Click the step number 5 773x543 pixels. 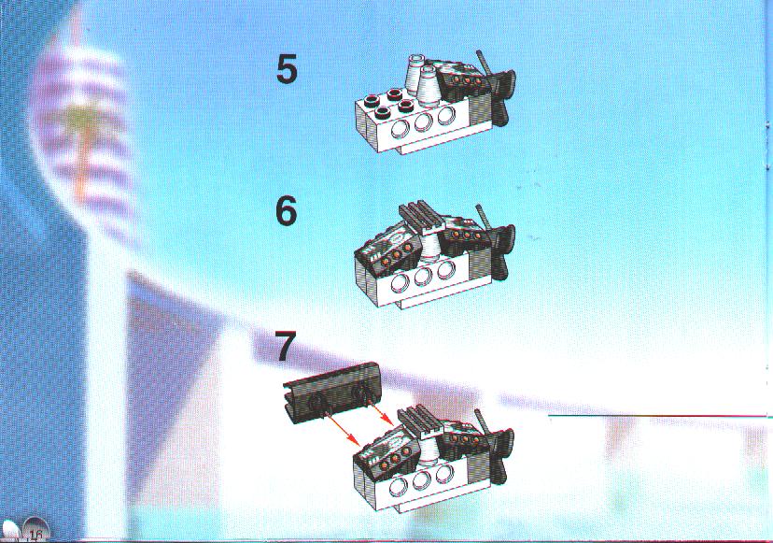[287, 69]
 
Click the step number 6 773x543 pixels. [287, 211]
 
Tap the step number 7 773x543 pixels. [286, 346]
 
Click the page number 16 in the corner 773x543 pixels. [35, 535]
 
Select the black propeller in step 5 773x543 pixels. [503, 96]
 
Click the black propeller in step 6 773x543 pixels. [503, 251]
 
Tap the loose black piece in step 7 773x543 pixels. [330, 393]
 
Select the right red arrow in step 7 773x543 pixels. [382, 416]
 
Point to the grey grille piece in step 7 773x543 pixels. [421, 420]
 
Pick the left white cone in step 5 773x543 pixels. [414, 73]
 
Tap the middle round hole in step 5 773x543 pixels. [424, 121]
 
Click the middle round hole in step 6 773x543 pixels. [424, 277]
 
